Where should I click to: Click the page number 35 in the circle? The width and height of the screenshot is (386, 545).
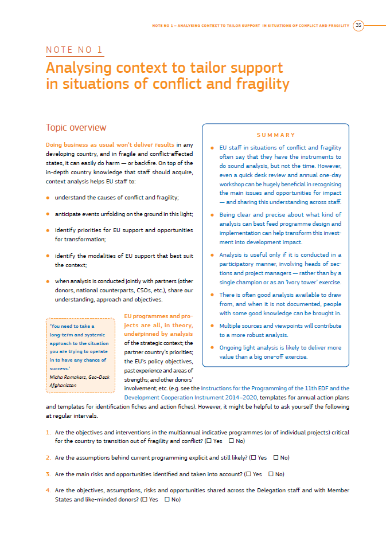coord(358,25)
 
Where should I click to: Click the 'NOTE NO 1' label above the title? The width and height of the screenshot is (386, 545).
coord(75,50)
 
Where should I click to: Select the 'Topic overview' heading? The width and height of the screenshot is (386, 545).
coord(76,127)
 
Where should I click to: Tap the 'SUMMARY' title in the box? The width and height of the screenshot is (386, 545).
coord(276,135)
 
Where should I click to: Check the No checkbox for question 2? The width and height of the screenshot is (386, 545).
coord(276,458)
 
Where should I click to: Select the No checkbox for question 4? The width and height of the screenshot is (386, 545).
coord(167,500)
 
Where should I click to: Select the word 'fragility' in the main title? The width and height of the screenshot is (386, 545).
coord(261,84)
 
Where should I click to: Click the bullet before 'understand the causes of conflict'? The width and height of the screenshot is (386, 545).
coord(48,198)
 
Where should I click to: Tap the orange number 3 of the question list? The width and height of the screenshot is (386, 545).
coord(48,475)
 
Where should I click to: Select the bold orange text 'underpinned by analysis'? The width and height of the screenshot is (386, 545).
coord(158,334)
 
